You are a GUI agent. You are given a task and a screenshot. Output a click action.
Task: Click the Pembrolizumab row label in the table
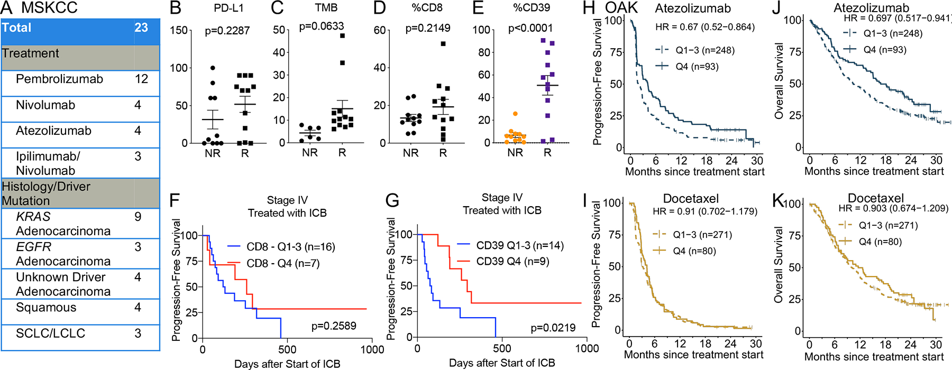[59, 79]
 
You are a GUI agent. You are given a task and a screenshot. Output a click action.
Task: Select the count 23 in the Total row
[141, 28]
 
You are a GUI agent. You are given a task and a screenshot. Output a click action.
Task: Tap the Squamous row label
[46, 308]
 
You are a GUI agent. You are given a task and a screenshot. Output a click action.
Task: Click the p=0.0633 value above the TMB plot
[322, 26]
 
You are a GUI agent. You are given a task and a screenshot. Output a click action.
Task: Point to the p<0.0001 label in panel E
[530, 28]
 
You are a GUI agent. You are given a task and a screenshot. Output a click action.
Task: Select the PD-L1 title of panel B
[228, 8]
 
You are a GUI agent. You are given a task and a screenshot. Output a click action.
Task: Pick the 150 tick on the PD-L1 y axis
[178, 30]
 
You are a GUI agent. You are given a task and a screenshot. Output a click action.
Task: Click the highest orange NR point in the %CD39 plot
[515, 114]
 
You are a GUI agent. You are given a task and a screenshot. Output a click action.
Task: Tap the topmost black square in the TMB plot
[342, 36]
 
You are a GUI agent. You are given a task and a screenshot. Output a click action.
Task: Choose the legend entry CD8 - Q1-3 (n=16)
[290, 247]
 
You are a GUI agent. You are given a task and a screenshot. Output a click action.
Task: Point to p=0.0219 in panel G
[553, 328]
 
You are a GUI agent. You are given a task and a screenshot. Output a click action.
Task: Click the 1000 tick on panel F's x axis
[372, 349]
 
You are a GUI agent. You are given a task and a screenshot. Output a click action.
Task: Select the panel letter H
[589, 8]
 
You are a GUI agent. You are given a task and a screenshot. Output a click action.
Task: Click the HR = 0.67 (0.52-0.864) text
[704, 27]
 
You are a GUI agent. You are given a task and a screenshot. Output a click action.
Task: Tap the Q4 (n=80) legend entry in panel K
[880, 242]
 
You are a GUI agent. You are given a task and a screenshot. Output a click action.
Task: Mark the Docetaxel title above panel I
[691, 199]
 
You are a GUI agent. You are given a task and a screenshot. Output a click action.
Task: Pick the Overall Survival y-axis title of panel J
[779, 81]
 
